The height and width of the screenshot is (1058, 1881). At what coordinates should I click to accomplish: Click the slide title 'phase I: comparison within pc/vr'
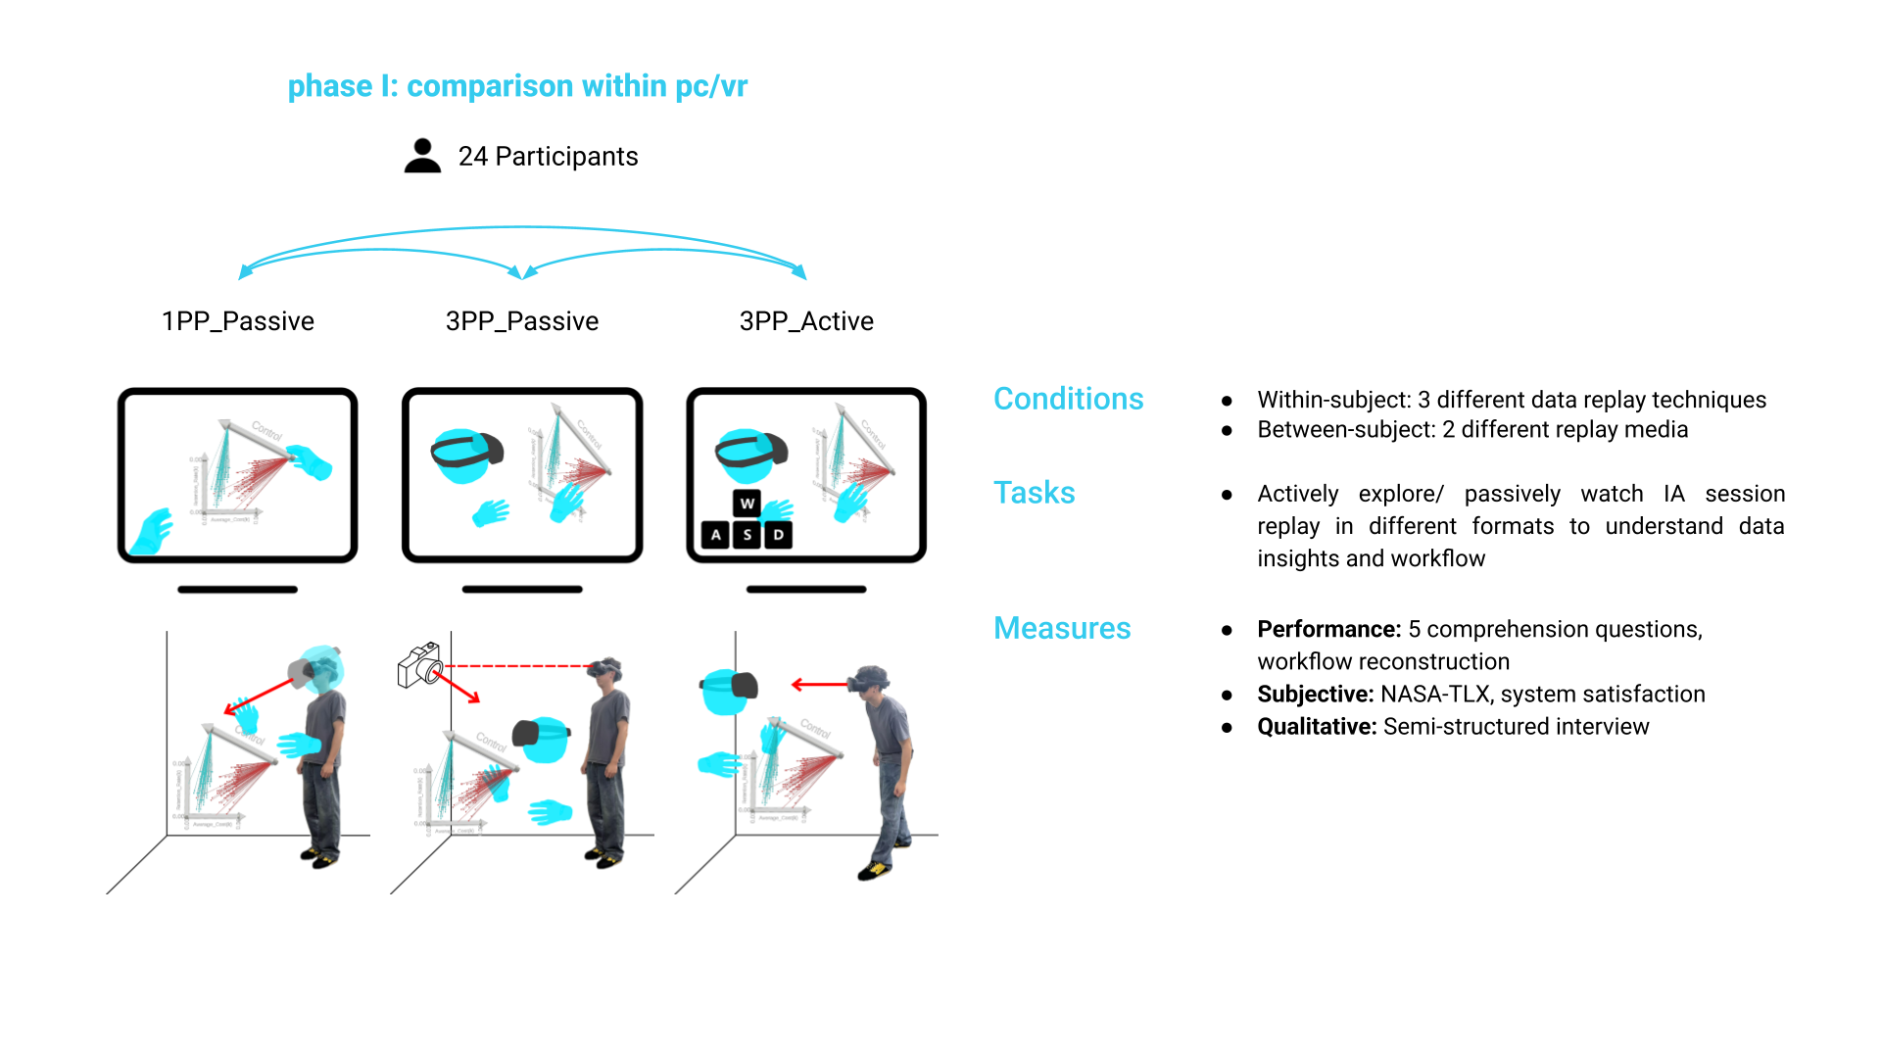[517, 86]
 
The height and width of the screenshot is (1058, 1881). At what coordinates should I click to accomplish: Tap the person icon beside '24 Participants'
[422, 156]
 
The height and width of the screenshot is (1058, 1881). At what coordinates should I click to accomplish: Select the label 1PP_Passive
[237, 321]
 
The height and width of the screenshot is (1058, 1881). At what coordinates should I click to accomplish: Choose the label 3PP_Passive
[521, 321]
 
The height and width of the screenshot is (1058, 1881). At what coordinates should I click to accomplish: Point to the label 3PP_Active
[805, 321]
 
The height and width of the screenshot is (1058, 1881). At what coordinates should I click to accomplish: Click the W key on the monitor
[747, 504]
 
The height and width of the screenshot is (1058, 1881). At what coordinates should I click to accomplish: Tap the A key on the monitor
[716, 535]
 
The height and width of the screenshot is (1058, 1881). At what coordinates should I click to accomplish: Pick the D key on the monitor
[778, 535]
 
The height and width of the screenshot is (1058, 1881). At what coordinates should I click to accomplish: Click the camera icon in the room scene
[420, 665]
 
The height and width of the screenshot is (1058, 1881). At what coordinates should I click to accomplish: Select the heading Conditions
[1068, 399]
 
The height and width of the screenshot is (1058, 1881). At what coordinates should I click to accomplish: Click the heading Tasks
[1034, 493]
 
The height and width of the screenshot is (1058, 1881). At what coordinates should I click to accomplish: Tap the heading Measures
[1062, 628]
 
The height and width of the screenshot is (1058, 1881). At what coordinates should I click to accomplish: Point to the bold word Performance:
[1328, 629]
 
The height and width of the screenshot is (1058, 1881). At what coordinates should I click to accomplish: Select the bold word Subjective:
[1315, 694]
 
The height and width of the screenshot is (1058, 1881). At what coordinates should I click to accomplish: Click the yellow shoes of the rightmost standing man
[875, 869]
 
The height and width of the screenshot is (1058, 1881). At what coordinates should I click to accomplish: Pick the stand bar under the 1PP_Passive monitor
[237, 590]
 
